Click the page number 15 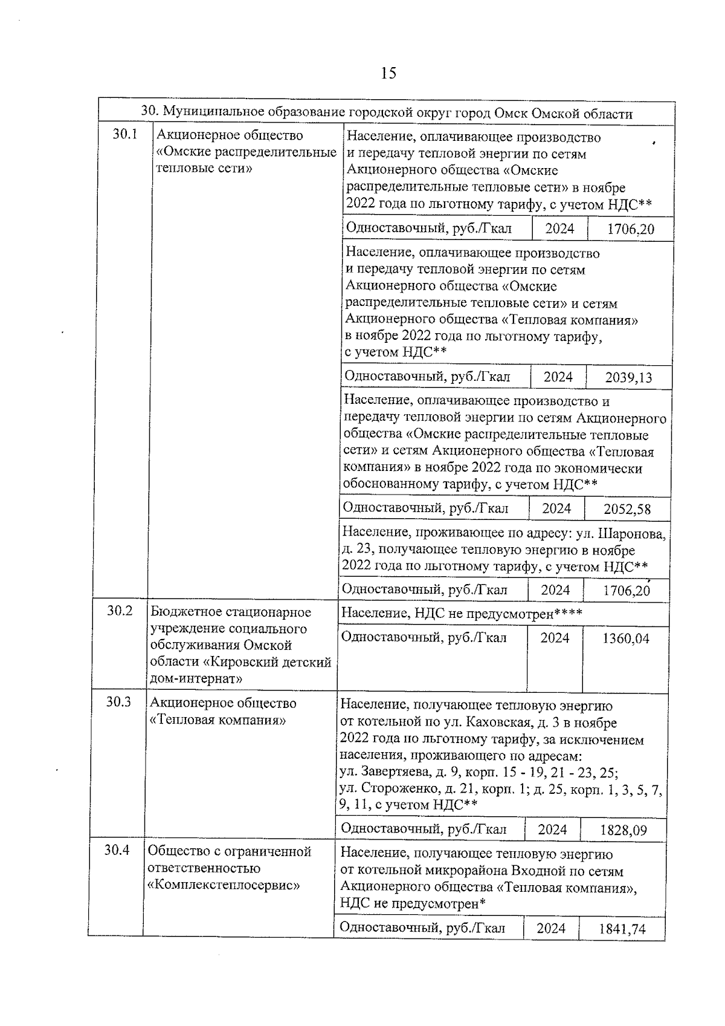click(388, 73)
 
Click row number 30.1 click(125, 134)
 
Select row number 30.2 click(120, 610)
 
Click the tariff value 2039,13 click(628, 378)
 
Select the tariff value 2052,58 click(627, 509)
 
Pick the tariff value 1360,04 click(626, 638)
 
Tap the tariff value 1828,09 click(623, 830)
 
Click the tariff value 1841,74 click(622, 929)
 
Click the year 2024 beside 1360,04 click(555, 637)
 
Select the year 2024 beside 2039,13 click(558, 377)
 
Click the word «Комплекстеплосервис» click(224, 885)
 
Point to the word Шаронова click(636, 534)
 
